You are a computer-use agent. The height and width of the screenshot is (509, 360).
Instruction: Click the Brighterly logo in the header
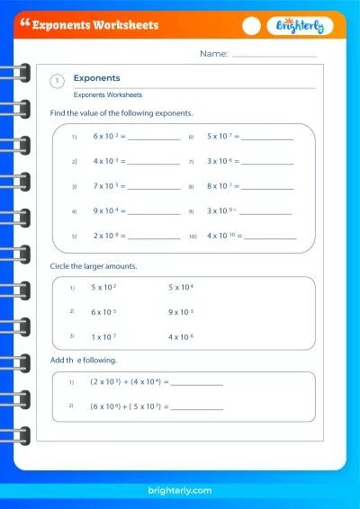[x=300, y=27]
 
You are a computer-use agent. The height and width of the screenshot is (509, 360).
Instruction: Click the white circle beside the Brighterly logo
[x=252, y=27]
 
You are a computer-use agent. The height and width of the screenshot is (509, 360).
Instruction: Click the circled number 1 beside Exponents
[x=58, y=81]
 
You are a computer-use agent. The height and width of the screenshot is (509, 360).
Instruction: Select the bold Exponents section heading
[x=96, y=78]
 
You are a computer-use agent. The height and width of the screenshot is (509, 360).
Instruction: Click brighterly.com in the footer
[x=180, y=489]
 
